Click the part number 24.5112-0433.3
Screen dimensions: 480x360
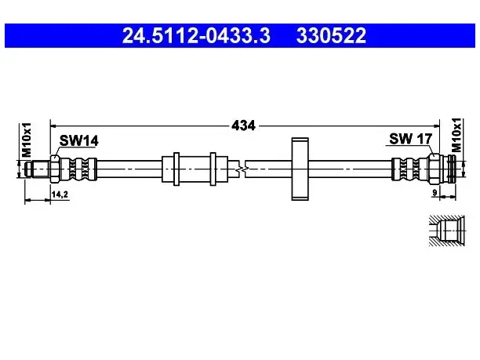196,35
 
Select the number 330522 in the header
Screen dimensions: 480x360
331,35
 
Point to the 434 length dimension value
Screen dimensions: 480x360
243,125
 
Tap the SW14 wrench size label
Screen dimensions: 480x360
78,141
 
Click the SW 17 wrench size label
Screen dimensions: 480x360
410,139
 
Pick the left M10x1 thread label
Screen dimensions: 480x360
27,140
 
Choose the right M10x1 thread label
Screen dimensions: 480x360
456,135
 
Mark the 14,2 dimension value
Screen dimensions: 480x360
60,195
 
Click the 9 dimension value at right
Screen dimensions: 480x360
435,193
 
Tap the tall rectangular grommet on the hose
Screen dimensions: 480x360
300,169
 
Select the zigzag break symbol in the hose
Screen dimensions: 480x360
242,169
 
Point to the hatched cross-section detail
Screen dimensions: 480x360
447,231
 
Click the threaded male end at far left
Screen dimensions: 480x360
37,169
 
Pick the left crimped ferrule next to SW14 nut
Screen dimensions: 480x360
78,169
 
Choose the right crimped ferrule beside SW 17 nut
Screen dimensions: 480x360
409,169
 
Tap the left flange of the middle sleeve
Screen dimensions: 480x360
176,169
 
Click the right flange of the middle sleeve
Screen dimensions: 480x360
213,169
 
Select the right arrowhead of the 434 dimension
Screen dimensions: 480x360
436,125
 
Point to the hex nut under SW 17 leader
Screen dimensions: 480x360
434,169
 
